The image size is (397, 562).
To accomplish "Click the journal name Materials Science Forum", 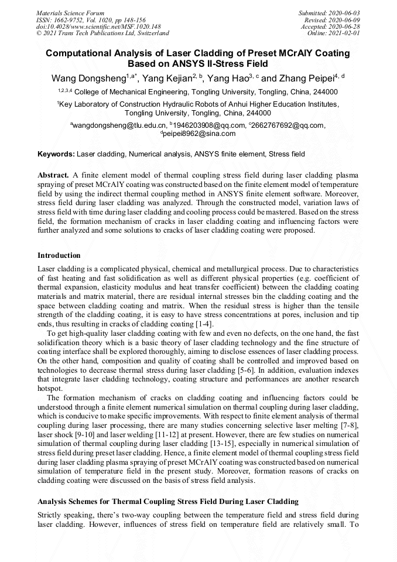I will [70, 13].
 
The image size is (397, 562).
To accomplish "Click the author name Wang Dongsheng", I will [88, 79].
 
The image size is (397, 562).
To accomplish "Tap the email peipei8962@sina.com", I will [199, 134].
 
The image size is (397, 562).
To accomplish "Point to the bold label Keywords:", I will [56, 154].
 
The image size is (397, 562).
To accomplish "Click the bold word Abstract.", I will [53, 175].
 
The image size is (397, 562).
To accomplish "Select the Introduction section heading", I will [59, 256].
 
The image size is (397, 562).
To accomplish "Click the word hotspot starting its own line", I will [50, 388].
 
